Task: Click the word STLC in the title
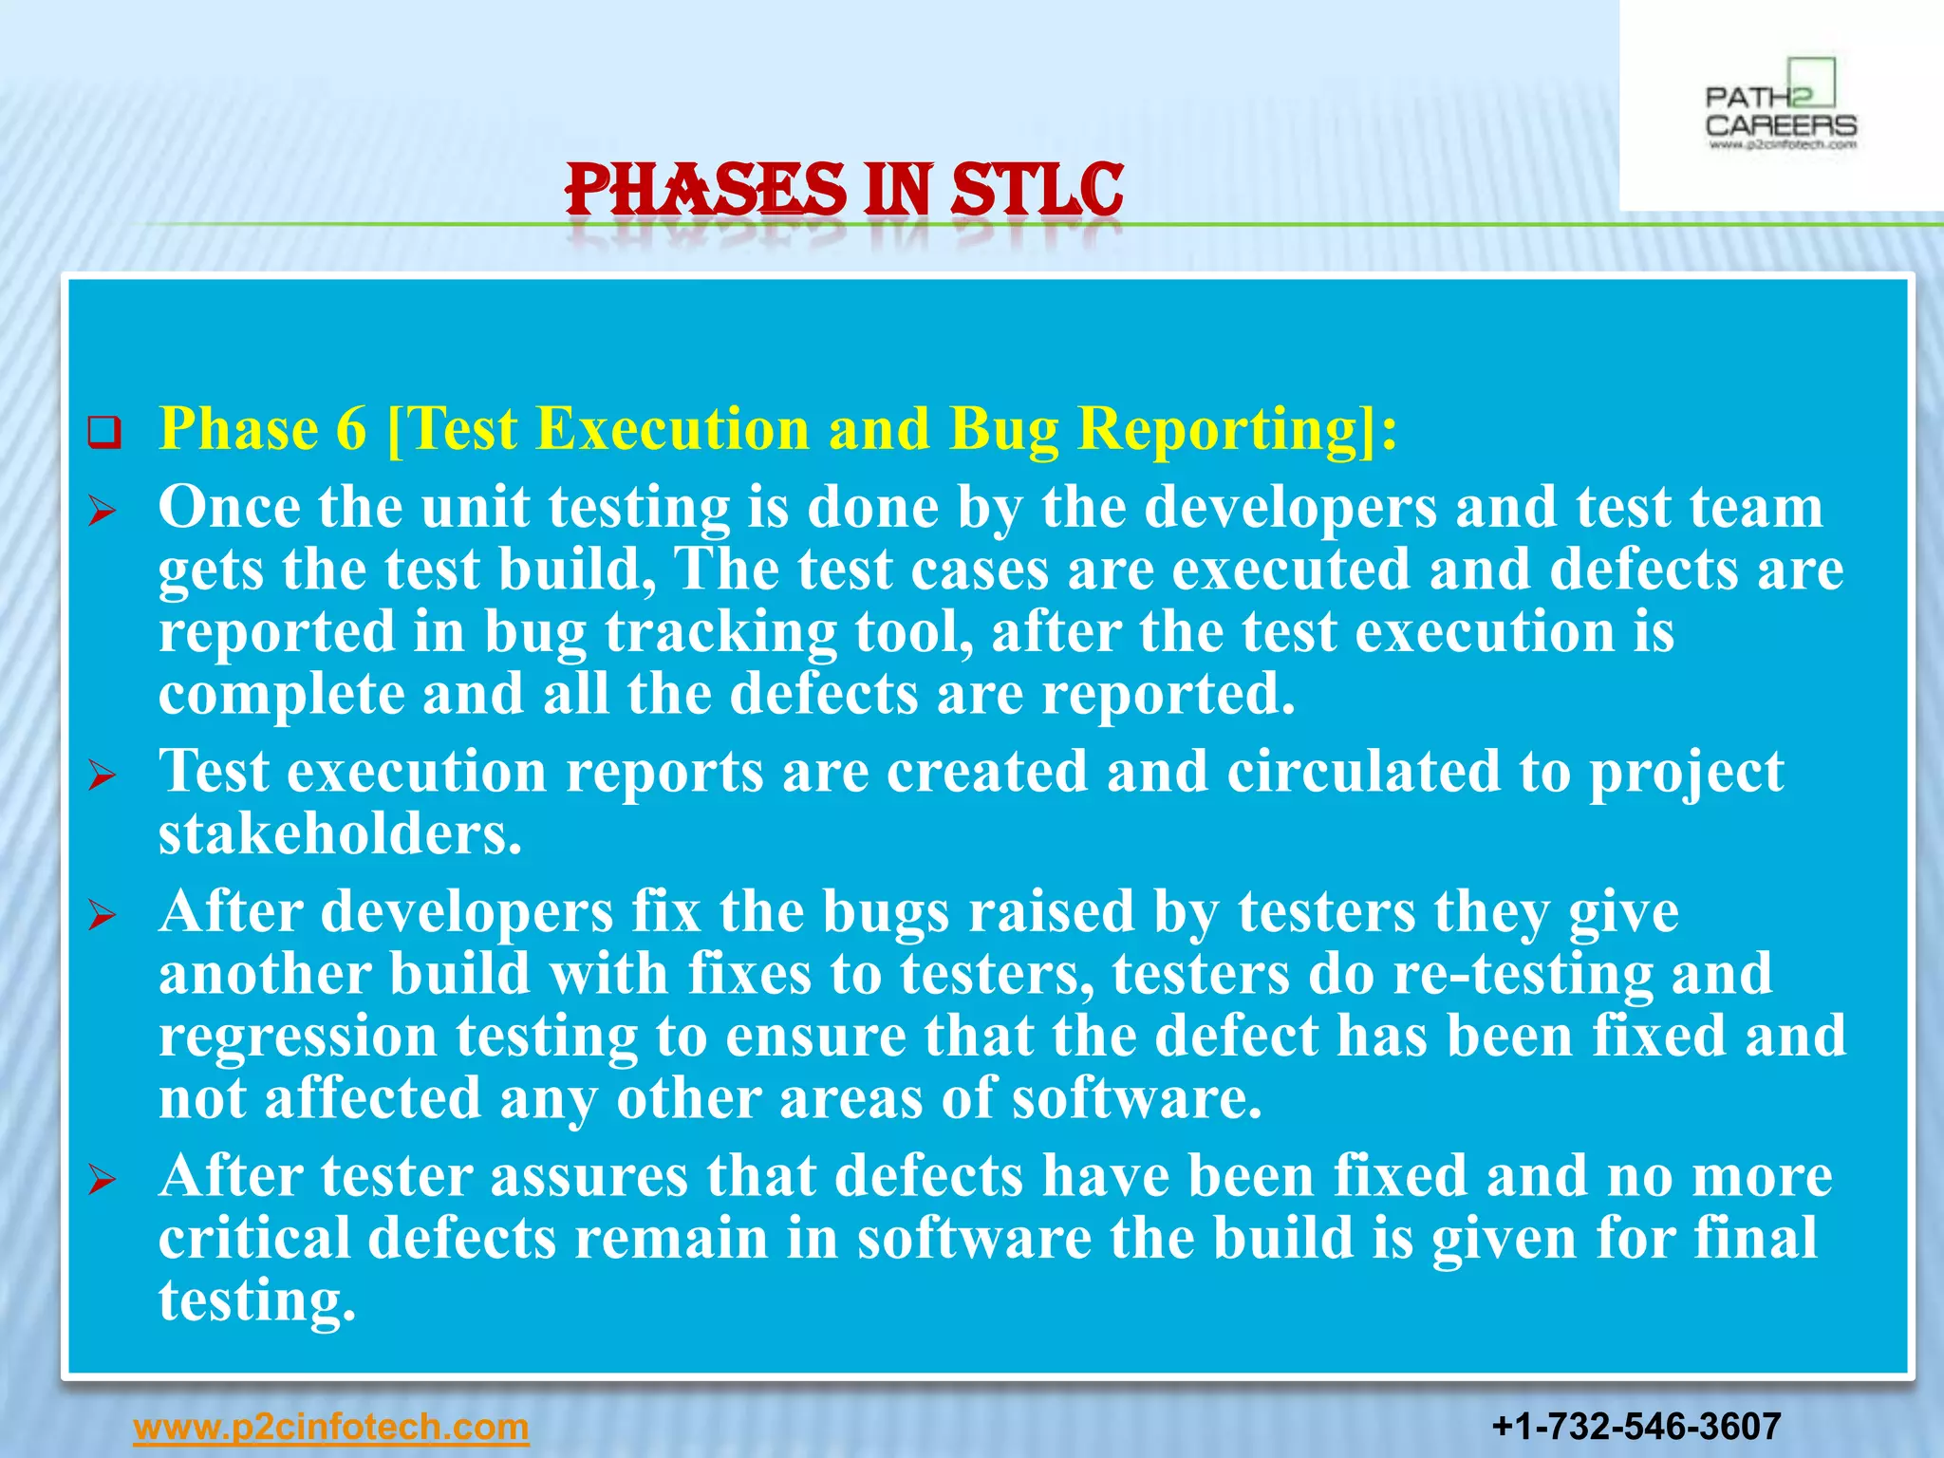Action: (x=1037, y=190)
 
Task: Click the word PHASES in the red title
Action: (x=704, y=190)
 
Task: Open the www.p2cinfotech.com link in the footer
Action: (x=331, y=1427)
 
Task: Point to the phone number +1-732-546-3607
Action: (x=1636, y=1427)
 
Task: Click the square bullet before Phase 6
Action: (x=104, y=433)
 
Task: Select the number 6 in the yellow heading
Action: (x=350, y=428)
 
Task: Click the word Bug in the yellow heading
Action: (x=1003, y=430)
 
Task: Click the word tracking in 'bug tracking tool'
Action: (x=720, y=632)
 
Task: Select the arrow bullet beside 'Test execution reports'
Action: (x=102, y=777)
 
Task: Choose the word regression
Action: (x=297, y=1037)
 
